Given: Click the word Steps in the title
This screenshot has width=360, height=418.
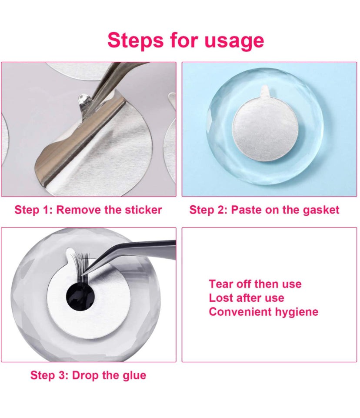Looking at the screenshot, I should coord(133,40).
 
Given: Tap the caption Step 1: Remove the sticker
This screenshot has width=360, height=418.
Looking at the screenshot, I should coord(88,210).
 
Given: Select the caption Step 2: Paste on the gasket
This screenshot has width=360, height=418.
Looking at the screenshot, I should coord(264,210).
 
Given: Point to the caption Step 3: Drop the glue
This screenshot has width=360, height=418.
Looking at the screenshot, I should coord(88,375).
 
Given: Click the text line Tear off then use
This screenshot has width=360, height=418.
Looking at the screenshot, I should coord(255,284).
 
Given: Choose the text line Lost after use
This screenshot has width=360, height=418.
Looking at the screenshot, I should coord(246,298).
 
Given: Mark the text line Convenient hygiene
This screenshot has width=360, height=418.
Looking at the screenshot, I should coord(263,312).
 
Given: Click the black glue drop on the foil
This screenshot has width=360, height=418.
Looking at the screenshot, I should coord(80,297).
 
